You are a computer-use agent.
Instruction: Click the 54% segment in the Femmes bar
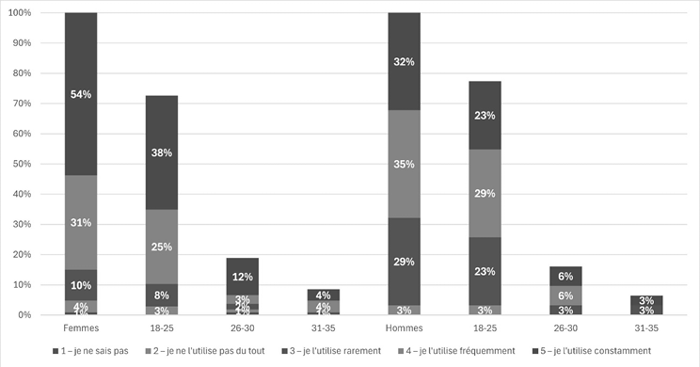point(81,94)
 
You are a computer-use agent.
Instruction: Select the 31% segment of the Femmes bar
point(81,222)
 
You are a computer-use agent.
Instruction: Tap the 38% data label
point(162,152)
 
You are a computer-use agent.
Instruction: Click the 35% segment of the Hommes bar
point(404,164)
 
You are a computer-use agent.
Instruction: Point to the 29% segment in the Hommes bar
point(404,261)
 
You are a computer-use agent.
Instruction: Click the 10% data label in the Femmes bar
point(81,285)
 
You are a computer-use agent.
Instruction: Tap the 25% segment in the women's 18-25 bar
point(162,247)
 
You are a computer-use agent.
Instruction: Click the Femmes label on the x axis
point(81,328)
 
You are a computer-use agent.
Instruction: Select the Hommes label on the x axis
point(404,328)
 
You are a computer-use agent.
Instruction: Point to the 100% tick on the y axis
point(21,13)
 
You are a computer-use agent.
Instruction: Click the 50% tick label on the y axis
point(23,164)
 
